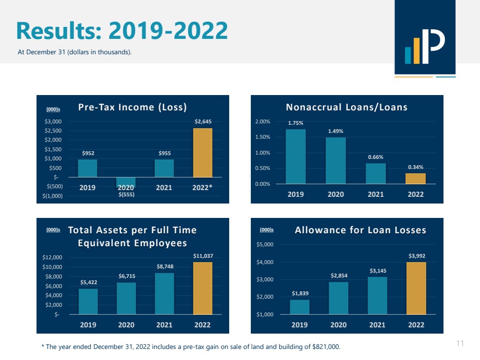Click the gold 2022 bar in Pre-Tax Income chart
(x=203, y=153)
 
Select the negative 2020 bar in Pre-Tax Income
(x=126, y=182)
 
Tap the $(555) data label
(x=126, y=194)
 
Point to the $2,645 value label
(x=203, y=122)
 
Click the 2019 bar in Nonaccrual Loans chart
(x=295, y=156)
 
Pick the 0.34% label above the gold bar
(x=416, y=167)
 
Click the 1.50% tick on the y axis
(x=262, y=137)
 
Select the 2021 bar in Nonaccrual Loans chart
(x=376, y=173)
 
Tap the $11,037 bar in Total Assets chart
(x=203, y=288)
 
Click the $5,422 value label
(x=88, y=283)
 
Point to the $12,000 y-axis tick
(x=52, y=258)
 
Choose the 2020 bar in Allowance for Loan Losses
(x=338, y=298)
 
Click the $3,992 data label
(x=416, y=256)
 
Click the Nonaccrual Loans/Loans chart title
(x=346, y=107)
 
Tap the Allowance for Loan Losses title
(x=360, y=230)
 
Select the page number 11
(x=460, y=343)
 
